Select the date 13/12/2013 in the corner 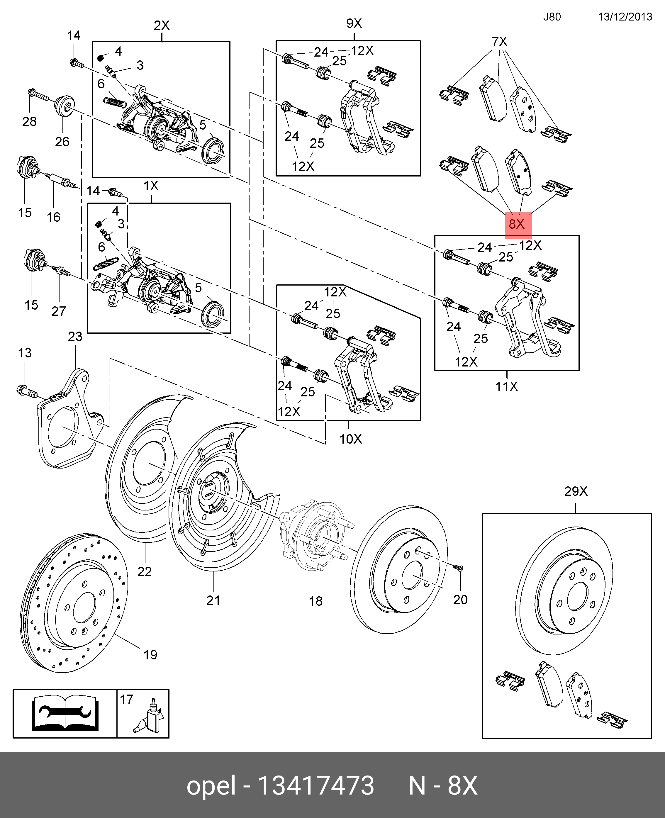[625, 17]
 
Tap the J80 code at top [552, 17]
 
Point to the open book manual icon [65, 713]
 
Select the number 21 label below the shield [213, 600]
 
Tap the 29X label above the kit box [576, 491]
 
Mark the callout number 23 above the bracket [75, 336]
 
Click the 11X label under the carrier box [506, 386]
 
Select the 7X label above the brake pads [500, 41]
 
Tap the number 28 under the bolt [30, 121]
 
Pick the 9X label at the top [354, 23]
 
